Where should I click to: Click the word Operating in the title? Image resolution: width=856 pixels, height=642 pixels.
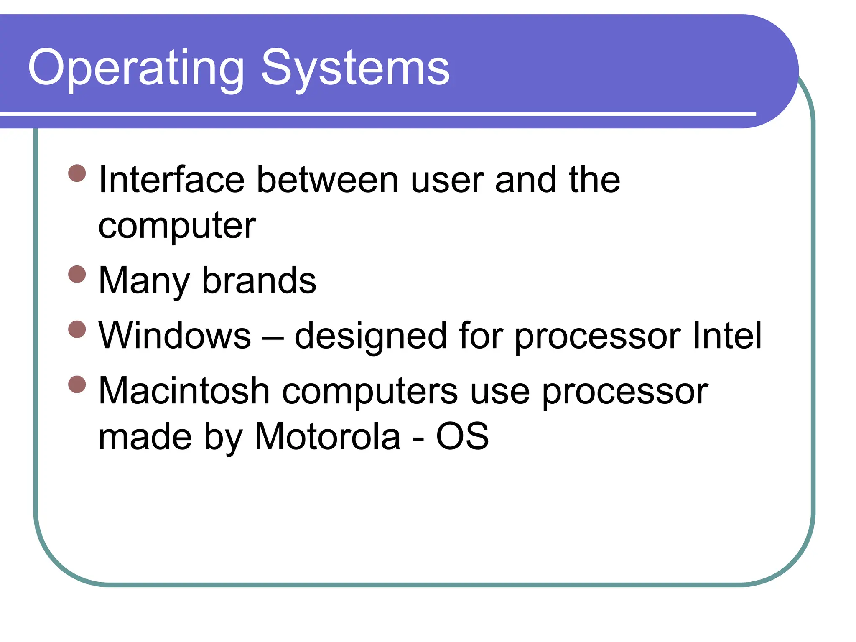click(x=136, y=68)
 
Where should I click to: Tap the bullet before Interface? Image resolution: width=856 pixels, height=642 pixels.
click(x=77, y=173)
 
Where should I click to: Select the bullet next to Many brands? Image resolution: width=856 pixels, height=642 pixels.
click(x=77, y=274)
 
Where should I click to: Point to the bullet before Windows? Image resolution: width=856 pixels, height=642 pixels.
click(x=77, y=329)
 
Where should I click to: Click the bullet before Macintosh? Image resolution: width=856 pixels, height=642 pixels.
click(x=77, y=385)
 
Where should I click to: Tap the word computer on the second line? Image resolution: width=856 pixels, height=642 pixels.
click(x=177, y=227)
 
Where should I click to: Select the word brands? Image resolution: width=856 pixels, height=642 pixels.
click(x=259, y=280)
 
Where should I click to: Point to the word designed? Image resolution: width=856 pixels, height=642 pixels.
click(x=371, y=337)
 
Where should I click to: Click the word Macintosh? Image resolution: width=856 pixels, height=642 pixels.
click(x=184, y=391)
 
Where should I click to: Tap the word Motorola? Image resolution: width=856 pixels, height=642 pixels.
click(x=328, y=437)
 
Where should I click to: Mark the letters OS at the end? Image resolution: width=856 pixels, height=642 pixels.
click(x=462, y=437)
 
